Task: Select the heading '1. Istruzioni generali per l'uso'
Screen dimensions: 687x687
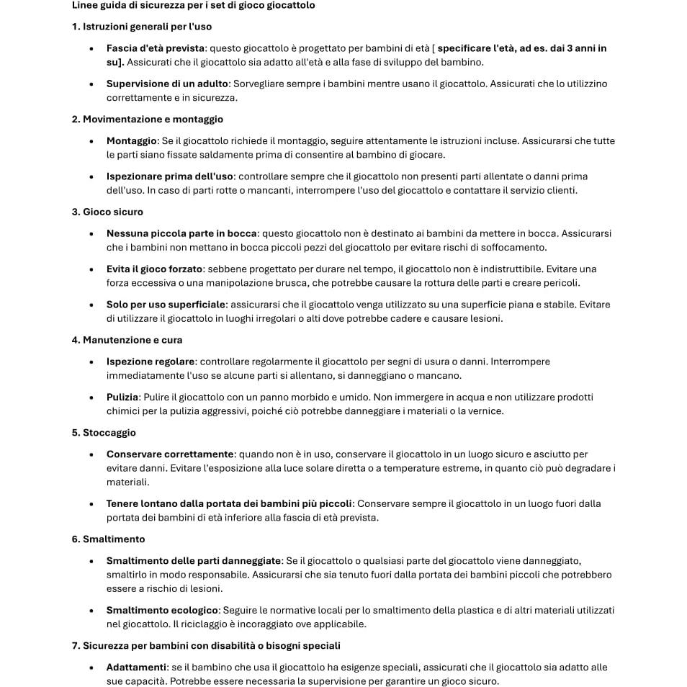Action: tap(142, 27)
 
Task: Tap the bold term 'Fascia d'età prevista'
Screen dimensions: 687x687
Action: tap(156, 48)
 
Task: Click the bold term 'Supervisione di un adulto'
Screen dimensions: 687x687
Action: tap(168, 84)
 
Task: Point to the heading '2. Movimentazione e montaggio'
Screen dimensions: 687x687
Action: tap(147, 119)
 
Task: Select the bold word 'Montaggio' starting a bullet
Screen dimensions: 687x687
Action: tap(132, 140)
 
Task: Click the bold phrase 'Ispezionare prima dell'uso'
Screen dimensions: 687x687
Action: tap(170, 176)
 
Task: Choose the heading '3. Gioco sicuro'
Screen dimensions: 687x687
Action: tap(107, 212)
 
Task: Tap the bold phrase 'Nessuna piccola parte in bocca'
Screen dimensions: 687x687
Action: tap(181, 233)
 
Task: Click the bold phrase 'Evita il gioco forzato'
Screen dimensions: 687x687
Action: tap(155, 269)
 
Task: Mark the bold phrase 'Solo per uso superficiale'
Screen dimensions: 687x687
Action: tap(166, 304)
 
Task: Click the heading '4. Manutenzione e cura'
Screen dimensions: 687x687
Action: tap(127, 340)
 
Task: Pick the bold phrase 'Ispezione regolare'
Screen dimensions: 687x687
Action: tap(151, 362)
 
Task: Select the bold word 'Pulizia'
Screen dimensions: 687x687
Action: tap(122, 397)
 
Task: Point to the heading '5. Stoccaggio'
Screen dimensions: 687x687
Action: tap(104, 433)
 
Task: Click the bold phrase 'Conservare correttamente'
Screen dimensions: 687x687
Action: tap(170, 454)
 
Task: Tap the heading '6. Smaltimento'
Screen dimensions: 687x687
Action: tap(108, 539)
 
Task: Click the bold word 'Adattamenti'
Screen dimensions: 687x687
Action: tap(136, 667)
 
